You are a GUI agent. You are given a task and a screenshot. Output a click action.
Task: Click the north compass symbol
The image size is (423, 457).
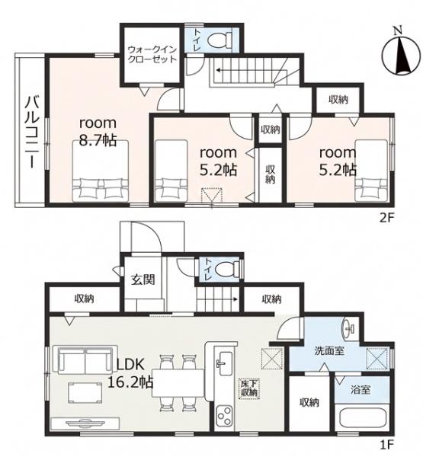(x=401, y=53)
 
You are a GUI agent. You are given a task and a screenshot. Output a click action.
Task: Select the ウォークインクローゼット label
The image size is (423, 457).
(x=152, y=54)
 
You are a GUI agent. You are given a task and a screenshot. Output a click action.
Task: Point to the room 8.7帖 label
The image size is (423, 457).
(x=98, y=132)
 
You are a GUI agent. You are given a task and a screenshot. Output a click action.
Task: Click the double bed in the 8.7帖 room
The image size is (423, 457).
(x=101, y=171)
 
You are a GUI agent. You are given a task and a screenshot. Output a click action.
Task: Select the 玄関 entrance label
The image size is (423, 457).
(x=143, y=280)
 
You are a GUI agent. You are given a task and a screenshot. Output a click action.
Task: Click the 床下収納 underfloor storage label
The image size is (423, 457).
(x=249, y=388)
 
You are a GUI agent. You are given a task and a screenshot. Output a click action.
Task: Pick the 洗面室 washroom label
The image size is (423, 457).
(x=329, y=350)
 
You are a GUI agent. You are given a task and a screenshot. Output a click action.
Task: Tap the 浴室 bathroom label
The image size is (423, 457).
(x=361, y=390)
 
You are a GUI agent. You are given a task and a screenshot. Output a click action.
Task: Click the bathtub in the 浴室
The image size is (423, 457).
(x=362, y=420)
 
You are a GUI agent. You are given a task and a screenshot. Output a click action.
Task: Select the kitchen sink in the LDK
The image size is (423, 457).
(x=225, y=363)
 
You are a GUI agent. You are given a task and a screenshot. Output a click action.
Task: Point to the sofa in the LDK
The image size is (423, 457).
(x=82, y=360)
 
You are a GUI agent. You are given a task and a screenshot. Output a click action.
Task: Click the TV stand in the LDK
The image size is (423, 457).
(x=85, y=423)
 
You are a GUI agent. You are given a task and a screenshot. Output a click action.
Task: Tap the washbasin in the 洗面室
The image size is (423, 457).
(x=350, y=329)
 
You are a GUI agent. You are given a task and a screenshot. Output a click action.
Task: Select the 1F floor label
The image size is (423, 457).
(x=387, y=446)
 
